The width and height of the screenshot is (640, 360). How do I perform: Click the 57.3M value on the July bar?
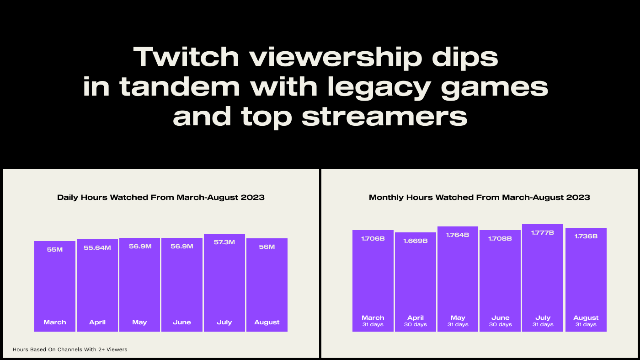click(224, 242)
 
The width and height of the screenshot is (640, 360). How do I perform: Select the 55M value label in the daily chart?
click(55, 249)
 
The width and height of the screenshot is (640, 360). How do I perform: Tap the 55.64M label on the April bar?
click(97, 247)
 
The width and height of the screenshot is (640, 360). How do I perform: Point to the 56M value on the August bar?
click(267, 247)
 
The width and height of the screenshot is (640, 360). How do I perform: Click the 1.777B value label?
click(543, 232)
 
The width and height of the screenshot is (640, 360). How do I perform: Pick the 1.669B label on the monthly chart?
click(416, 241)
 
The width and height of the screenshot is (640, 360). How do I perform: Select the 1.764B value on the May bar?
click(458, 235)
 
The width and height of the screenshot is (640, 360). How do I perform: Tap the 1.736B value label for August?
click(586, 236)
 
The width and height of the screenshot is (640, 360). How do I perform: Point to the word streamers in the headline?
click(384, 117)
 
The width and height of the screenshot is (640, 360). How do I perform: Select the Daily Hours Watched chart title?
click(161, 197)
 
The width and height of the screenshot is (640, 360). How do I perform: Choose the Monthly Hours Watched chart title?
click(479, 197)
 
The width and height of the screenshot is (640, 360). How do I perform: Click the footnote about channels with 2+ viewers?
click(70, 349)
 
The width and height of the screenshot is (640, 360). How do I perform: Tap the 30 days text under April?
click(416, 325)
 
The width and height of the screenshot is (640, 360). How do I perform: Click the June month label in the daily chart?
click(182, 322)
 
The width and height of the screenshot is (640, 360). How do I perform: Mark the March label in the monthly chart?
click(373, 317)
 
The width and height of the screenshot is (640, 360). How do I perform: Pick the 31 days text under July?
click(543, 325)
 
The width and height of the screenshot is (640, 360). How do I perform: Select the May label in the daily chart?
click(139, 322)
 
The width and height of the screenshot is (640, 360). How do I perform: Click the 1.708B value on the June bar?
click(500, 238)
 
